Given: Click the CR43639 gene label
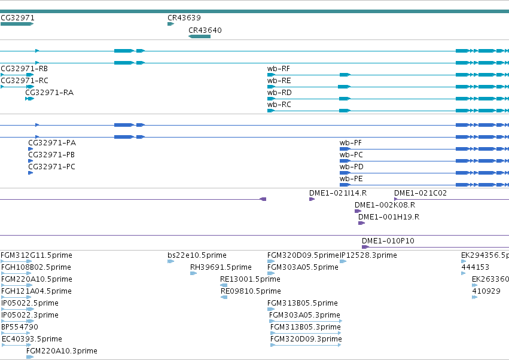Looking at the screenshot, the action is [x=184, y=18].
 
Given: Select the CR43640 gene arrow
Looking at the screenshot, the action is [x=199, y=36].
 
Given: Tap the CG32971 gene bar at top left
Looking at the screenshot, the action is [x=17, y=24].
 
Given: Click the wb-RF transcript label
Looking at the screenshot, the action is [x=279, y=69].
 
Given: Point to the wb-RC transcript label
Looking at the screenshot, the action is [x=279, y=105].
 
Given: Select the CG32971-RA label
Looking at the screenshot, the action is [x=49, y=93].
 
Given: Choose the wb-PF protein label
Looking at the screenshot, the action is [x=350, y=143].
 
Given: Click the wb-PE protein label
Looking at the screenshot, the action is [x=351, y=179].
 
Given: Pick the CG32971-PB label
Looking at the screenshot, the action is [x=51, y=155].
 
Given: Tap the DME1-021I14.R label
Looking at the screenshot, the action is [x=338, y=193].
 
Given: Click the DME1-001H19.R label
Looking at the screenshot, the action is [x=389, y=217].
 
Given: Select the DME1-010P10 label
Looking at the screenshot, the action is [x=388, y=241].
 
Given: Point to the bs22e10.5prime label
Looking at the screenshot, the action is [x=197, y=255].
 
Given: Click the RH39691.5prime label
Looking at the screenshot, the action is [x=221, y=267].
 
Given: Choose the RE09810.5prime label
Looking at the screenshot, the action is [x=251, y=291].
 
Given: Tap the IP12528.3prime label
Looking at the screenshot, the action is [x=368, y=255].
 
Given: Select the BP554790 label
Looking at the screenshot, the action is [x=20, y=327].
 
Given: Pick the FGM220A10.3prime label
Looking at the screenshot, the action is [x=62, y=351].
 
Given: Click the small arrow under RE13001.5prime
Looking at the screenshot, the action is [x=224, y=285].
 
